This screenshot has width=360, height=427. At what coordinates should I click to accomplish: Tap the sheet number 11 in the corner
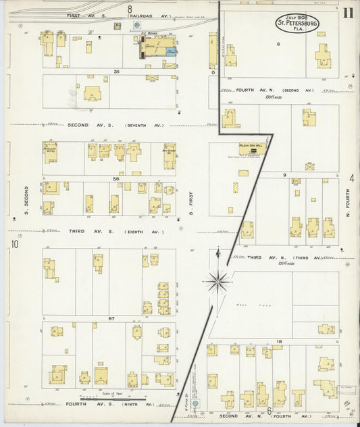click(346, 12)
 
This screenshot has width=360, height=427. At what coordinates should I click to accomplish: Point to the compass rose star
click(217, 280)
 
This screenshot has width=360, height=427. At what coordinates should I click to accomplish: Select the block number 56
click(116, 179)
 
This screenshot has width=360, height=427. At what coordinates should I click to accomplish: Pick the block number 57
click(111, 318)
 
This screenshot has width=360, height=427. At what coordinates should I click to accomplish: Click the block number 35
click(116, 71)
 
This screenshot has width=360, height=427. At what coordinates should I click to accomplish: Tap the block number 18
click(278, 342)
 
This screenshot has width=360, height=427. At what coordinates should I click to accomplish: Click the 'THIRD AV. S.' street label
click(85, 231)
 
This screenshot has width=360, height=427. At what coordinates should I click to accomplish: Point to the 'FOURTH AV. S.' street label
click(86, 404)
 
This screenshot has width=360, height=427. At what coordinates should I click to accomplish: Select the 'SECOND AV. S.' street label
click(88, 124)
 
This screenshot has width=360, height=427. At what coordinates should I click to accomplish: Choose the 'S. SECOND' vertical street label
click(27, 196)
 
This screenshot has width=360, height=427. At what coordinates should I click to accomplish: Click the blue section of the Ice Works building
click(170, 50)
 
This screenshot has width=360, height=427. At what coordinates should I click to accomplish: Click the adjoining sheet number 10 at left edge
click(14, 244)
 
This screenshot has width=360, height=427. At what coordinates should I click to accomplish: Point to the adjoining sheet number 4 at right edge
click(352, 178)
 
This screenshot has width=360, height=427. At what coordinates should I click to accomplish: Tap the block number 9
click(285, 175)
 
